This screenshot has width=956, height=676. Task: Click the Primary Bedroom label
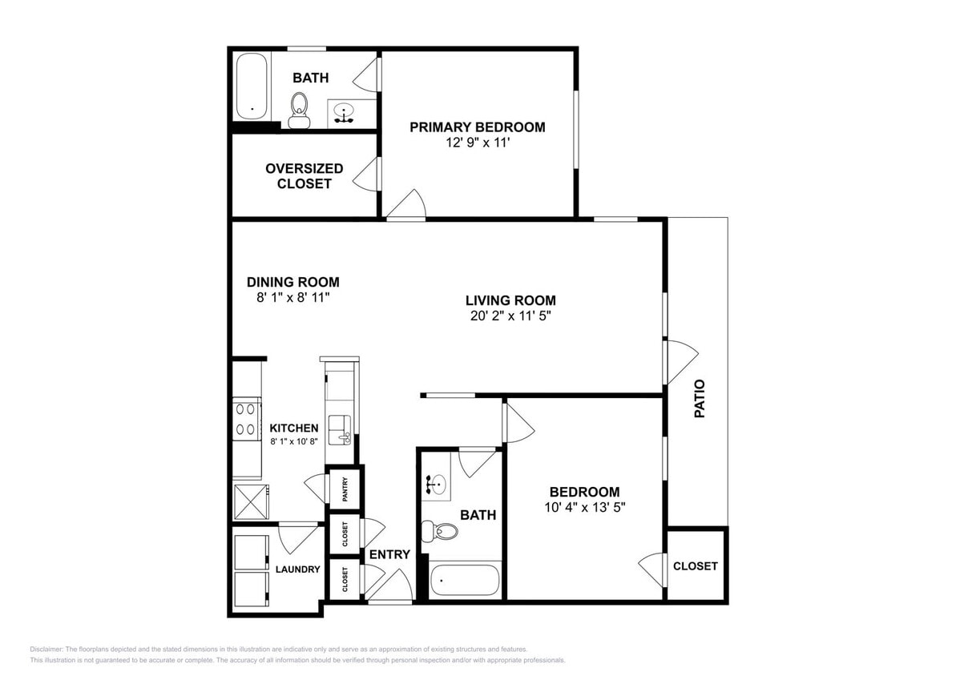(x=477, y=127)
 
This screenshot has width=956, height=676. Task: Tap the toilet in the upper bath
(x=299, y=108)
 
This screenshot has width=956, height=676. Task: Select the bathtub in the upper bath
(x=252, y=87)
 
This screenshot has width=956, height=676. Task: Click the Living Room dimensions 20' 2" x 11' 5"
(x=510, y=316)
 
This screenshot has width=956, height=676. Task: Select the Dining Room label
(x=292, y=282)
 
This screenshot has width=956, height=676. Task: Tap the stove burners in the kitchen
(x=246, y=419)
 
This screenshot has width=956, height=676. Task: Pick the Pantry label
(x=345, y=489)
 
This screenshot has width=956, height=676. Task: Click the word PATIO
(x=700, y=399)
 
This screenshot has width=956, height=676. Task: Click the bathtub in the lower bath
(x=466, y=580)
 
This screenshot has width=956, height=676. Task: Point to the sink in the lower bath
(x=438, y=484)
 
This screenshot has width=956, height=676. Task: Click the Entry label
(x=389, y=554)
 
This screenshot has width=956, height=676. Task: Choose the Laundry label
(x=297, y=569)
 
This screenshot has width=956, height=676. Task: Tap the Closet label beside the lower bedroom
(x=695, y=565)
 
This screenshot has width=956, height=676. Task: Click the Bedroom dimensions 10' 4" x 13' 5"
(x=583, y=507)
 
